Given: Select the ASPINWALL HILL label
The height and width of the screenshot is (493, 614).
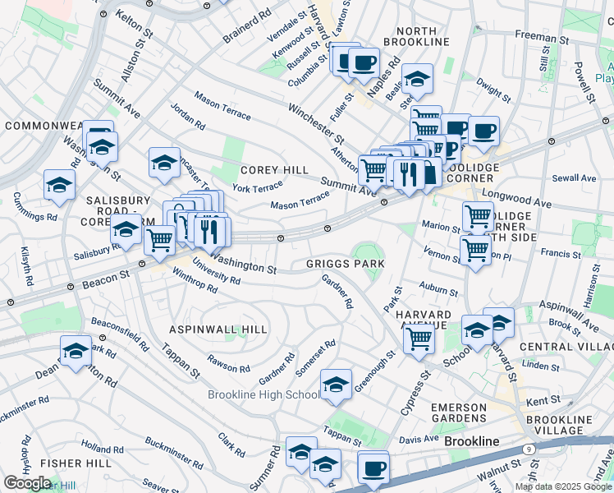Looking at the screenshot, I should [218, 329].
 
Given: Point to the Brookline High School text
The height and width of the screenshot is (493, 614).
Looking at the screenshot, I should [263, 395].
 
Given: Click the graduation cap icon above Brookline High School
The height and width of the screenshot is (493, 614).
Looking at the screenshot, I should [336, 384].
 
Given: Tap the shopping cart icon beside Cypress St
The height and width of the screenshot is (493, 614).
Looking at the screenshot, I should [419, 336].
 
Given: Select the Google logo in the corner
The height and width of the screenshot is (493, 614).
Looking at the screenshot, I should [27, 483].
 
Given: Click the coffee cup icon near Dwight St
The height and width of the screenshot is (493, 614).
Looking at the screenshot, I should [483, 130].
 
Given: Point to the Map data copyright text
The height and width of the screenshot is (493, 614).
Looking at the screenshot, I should [563, 486].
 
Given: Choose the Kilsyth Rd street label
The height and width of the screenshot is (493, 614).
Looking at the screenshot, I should [26, 268].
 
